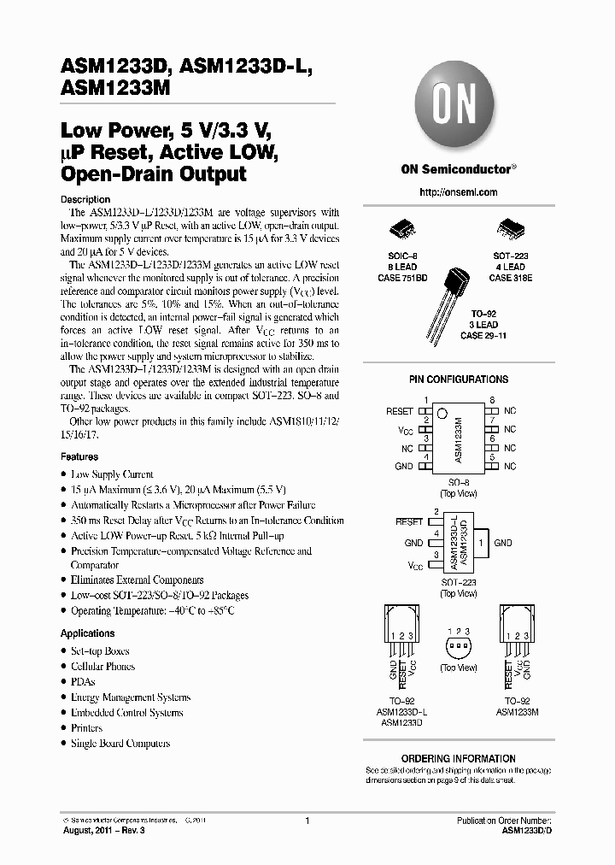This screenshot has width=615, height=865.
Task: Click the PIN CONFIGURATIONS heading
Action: click(459, 380)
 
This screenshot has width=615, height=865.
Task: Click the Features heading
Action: click(79, 457)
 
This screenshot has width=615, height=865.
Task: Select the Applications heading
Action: click(87, 633)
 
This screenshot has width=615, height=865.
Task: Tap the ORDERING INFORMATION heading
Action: click(459, 758)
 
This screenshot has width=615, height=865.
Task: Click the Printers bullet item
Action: click(86, 728)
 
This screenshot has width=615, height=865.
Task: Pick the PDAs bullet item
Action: click(84, 681)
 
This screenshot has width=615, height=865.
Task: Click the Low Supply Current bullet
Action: click(112, 474)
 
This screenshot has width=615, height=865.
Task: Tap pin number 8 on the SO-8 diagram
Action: click(492, 401)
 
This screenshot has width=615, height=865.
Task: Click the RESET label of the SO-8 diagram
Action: click(400, 411)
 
